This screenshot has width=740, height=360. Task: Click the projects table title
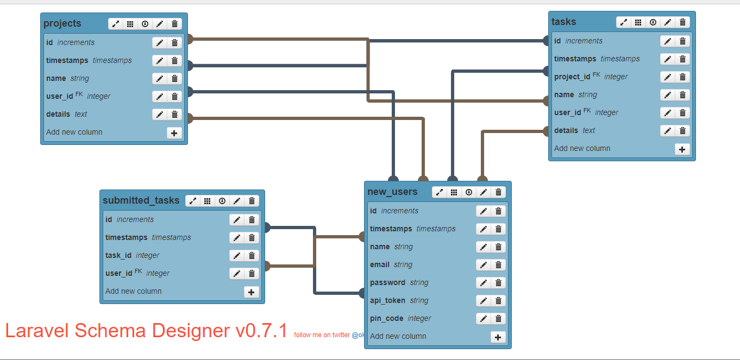click(x=62, y=23)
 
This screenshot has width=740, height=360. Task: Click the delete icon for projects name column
click(x=174, y=79)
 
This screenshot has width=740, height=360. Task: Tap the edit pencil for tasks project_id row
click(x=667, y=77)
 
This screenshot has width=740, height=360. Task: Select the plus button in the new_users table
click(x=498, y=337)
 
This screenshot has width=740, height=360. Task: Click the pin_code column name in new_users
click(x=387, y=319)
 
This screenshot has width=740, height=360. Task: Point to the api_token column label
click(x=387, y=301)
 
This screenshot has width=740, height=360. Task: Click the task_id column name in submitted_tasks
click(x=118, y=256)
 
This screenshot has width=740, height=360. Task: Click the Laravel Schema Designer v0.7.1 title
click(x=146, y=331)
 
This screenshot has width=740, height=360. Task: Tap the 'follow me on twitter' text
click(x=322, y=335)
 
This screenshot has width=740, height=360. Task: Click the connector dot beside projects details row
click(x=189, y=118)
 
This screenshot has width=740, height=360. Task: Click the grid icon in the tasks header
click(x=638, y=22)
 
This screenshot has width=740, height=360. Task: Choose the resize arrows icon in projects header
click(x=115, y=24)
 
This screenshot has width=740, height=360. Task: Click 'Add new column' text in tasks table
click(x=582, y=149)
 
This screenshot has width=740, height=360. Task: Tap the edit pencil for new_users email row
click(x=483, y=265)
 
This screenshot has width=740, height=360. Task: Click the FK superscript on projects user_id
click(x=79, y=94)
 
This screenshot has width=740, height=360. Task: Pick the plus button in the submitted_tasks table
click(x=251, y=292)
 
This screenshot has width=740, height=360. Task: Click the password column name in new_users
click(x=387, y=283)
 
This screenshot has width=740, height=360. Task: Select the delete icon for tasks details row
click(x=682, y=131)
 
